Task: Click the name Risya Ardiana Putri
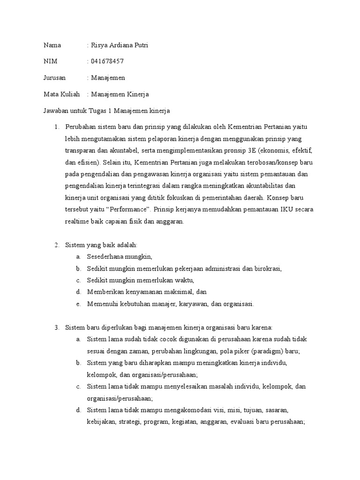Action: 120,45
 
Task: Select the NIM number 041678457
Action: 107,61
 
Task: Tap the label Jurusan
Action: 55,78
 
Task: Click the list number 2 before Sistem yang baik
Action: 56,245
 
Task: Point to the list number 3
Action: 56,327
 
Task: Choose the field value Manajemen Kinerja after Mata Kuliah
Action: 120,94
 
